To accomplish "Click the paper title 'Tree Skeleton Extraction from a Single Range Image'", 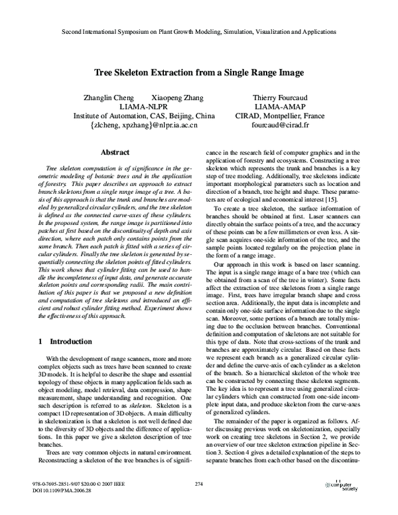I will (199, 72).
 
